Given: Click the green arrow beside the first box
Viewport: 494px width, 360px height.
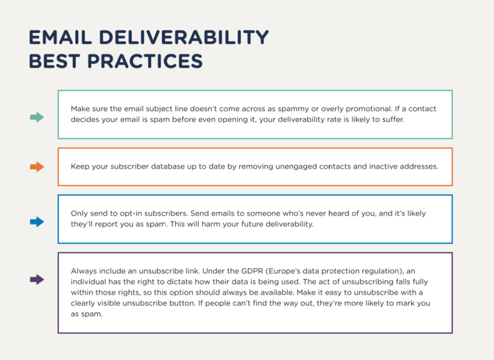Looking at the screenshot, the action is pyautogui.click(x=37, y=117).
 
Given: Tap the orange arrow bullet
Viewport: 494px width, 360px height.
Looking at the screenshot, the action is pyautogui.click(x=37, y=167).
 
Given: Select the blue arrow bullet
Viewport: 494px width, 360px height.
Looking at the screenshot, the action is pyautogui.click(x=37, y=222).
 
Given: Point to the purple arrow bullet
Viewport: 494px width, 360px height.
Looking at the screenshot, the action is pyautogui.click(x=37, y=279).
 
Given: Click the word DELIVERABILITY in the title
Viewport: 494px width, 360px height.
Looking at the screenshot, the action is pyautogui.click(x=184, y=37).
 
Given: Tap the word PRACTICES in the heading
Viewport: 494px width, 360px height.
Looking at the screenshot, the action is pyautogui.click(x=145, y=61).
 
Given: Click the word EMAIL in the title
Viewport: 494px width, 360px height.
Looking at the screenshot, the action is pyautogui.click(x=60, y=37).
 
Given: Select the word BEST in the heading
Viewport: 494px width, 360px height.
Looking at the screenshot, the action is pyautogui.click(x=54, y=61).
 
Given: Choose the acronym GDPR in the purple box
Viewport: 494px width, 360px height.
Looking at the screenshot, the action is pyautogui.click(x=252, y=271).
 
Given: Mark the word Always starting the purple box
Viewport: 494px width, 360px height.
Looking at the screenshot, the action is pyautogui.click(x=84, y=271).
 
